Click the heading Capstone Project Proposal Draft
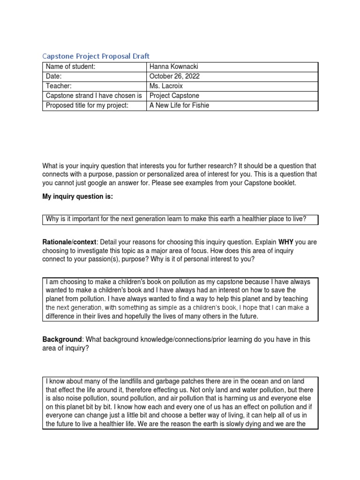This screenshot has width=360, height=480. pos(96,56)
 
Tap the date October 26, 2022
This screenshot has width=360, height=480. pos(174,76)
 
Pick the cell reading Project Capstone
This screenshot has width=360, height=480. pos(174,96)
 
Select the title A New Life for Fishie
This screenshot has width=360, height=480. pos(179,105)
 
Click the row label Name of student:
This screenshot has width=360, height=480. pos(70,67)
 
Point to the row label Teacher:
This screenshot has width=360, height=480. pos(59,86)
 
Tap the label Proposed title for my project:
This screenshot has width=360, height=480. pos(87,105)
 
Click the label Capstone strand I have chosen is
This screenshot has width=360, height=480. pos(94,96)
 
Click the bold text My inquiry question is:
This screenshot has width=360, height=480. pos(78,197)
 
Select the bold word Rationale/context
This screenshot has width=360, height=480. pos(69,242)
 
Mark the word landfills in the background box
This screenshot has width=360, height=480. pos(120,382)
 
